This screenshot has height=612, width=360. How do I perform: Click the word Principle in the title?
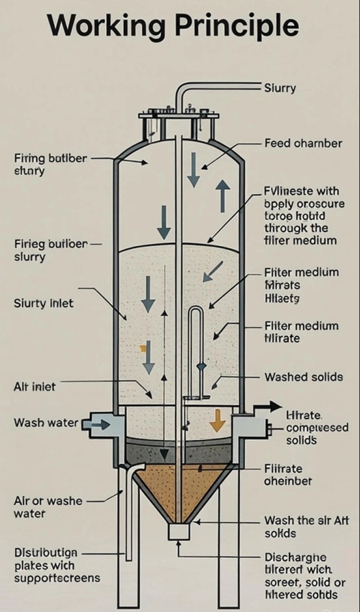point(238,27)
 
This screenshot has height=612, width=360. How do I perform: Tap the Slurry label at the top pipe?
point(280,88)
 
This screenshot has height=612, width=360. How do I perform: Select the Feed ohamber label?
point(302,144)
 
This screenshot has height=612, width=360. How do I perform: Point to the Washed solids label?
point(304,377)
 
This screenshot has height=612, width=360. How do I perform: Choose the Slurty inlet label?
point(43,304)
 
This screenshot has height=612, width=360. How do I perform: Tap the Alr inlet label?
point(35,387)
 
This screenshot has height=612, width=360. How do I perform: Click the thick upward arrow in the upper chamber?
point(222,196)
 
